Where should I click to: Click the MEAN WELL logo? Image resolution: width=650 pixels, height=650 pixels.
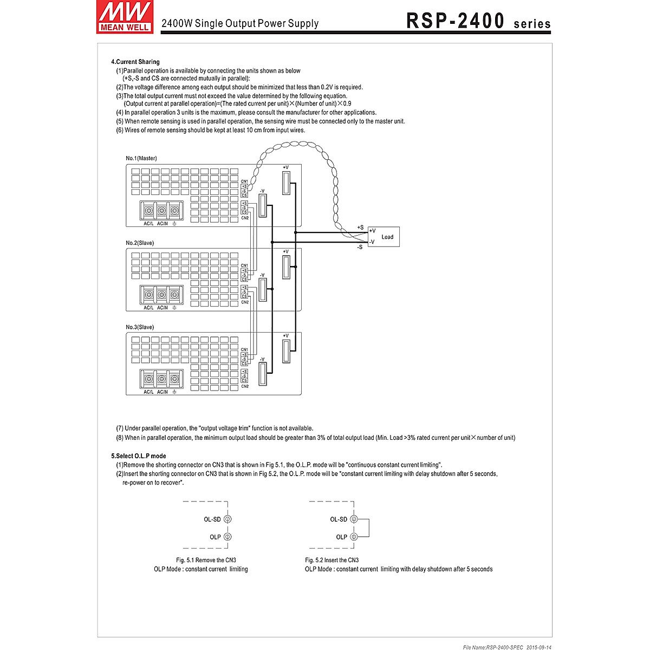pyautogui.click(x=123, y=17)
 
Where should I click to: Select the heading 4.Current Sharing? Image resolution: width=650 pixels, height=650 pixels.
pyautogui.click(x=135, y=62)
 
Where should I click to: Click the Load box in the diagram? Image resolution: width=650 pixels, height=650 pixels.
pyautogui.click(x=384, y=237)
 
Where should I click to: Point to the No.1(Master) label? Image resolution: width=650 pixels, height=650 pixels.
pyautogui.click(x=141, y=158)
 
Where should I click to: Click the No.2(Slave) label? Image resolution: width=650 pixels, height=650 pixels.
pyautogui.click(x=140, y=243)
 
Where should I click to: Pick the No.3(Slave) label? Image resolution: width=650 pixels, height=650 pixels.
pyautogui.click(x=140, y=327)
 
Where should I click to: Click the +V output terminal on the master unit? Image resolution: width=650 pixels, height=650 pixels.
pyautogui.click(x=287, y=181)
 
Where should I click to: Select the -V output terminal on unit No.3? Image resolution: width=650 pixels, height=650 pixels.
pyautogui.click(x=263, y=374)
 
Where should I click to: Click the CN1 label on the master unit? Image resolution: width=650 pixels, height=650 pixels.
pyautogui.click(x=244, y=181)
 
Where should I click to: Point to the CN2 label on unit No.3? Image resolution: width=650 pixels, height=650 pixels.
pyautogui.click(x=245, y=386)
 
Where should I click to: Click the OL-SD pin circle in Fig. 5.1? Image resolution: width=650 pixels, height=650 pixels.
pyautogui.click(x=227, y=519)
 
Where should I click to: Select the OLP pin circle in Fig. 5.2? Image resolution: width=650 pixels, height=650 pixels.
pyautogui.click(x=354, y=537)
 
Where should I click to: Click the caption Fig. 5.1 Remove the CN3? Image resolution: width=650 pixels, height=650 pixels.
pyautogui.click(x=206, y=560)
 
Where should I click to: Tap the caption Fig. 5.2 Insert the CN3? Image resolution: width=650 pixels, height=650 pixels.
pyautogui.click(x=331, y=560)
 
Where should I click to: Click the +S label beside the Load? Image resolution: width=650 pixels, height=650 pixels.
pyautogui.click(x=360, y=227)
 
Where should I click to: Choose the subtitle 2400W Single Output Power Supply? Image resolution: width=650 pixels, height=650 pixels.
pyautogui.click(x=240, y=23)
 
